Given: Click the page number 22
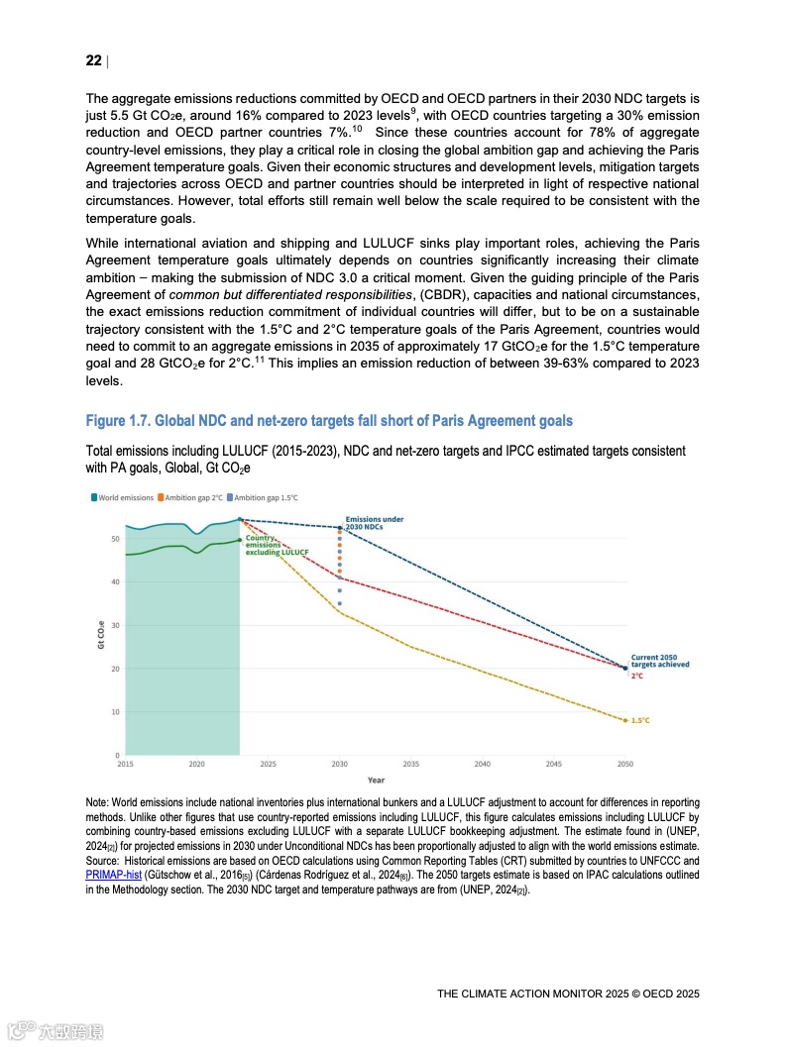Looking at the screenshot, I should click(x=93, y=61).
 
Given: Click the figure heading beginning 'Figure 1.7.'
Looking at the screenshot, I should click(x=329, y=421).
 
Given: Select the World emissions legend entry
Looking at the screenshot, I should click(x=125, y=498).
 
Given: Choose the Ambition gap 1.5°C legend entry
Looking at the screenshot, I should click(x=263, y=498).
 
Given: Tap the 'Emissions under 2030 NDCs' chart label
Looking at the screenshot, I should click(x=374, y=523).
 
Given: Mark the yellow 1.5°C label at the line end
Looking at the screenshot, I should click(x=640, y=720).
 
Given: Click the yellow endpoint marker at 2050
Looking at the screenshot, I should click(x=625, y=720).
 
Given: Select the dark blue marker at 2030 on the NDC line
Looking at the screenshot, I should click(x=340, y=527).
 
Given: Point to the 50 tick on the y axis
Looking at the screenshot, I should click(x=115, y=539).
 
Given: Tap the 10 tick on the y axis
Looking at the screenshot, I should click(x=115, y=712).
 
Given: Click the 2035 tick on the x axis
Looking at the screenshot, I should click(x=411, y=764).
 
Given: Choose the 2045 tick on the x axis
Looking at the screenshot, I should click(x=554, y=764).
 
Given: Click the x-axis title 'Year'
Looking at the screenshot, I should click(x=376, y=780).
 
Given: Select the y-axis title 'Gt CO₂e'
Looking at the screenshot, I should click(x=100, y=635).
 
